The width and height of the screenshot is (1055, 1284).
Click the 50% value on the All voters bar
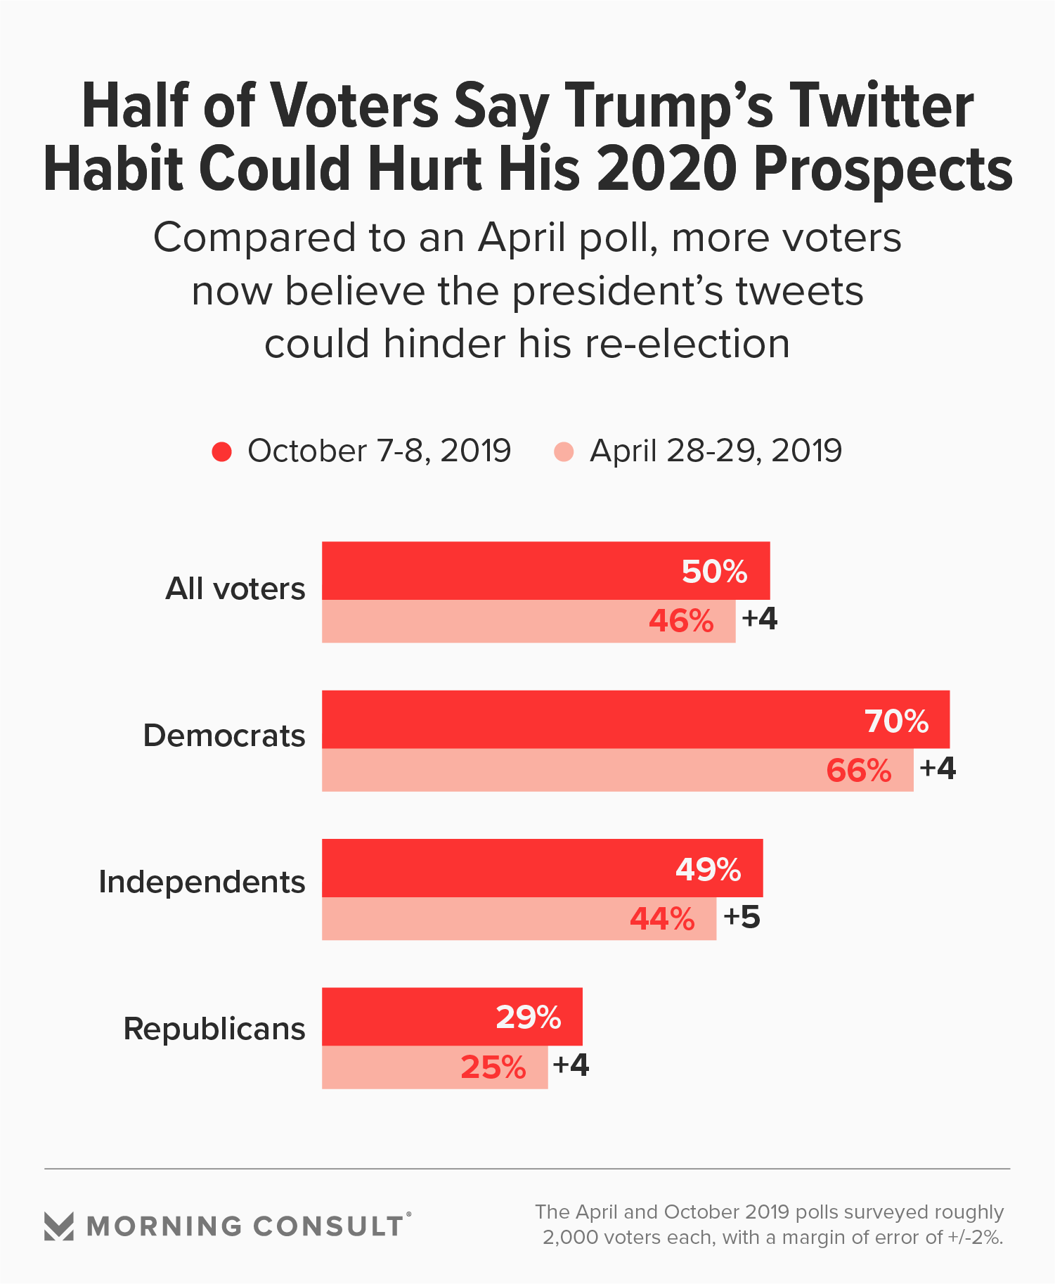click(714, 572)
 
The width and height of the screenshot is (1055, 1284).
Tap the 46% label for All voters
click(681, 622)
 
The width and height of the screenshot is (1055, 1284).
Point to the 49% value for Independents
click(708, 870)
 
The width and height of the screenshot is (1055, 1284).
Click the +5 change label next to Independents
click(742, 917)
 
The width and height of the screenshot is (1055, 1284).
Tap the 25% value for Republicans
click(493, 1067)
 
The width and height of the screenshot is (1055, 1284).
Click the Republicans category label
click(214, 1029)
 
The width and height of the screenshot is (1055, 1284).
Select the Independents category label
click(202, 882)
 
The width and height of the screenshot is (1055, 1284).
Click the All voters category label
click(235, 589)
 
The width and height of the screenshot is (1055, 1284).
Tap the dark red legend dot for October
click(222, 451)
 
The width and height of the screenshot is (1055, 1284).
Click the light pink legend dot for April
click(564, 451)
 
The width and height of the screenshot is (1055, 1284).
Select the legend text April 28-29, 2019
click(716, 451)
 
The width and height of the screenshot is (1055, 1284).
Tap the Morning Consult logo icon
click(59, 1226)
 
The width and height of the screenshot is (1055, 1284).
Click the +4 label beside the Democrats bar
click(938, 768)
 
